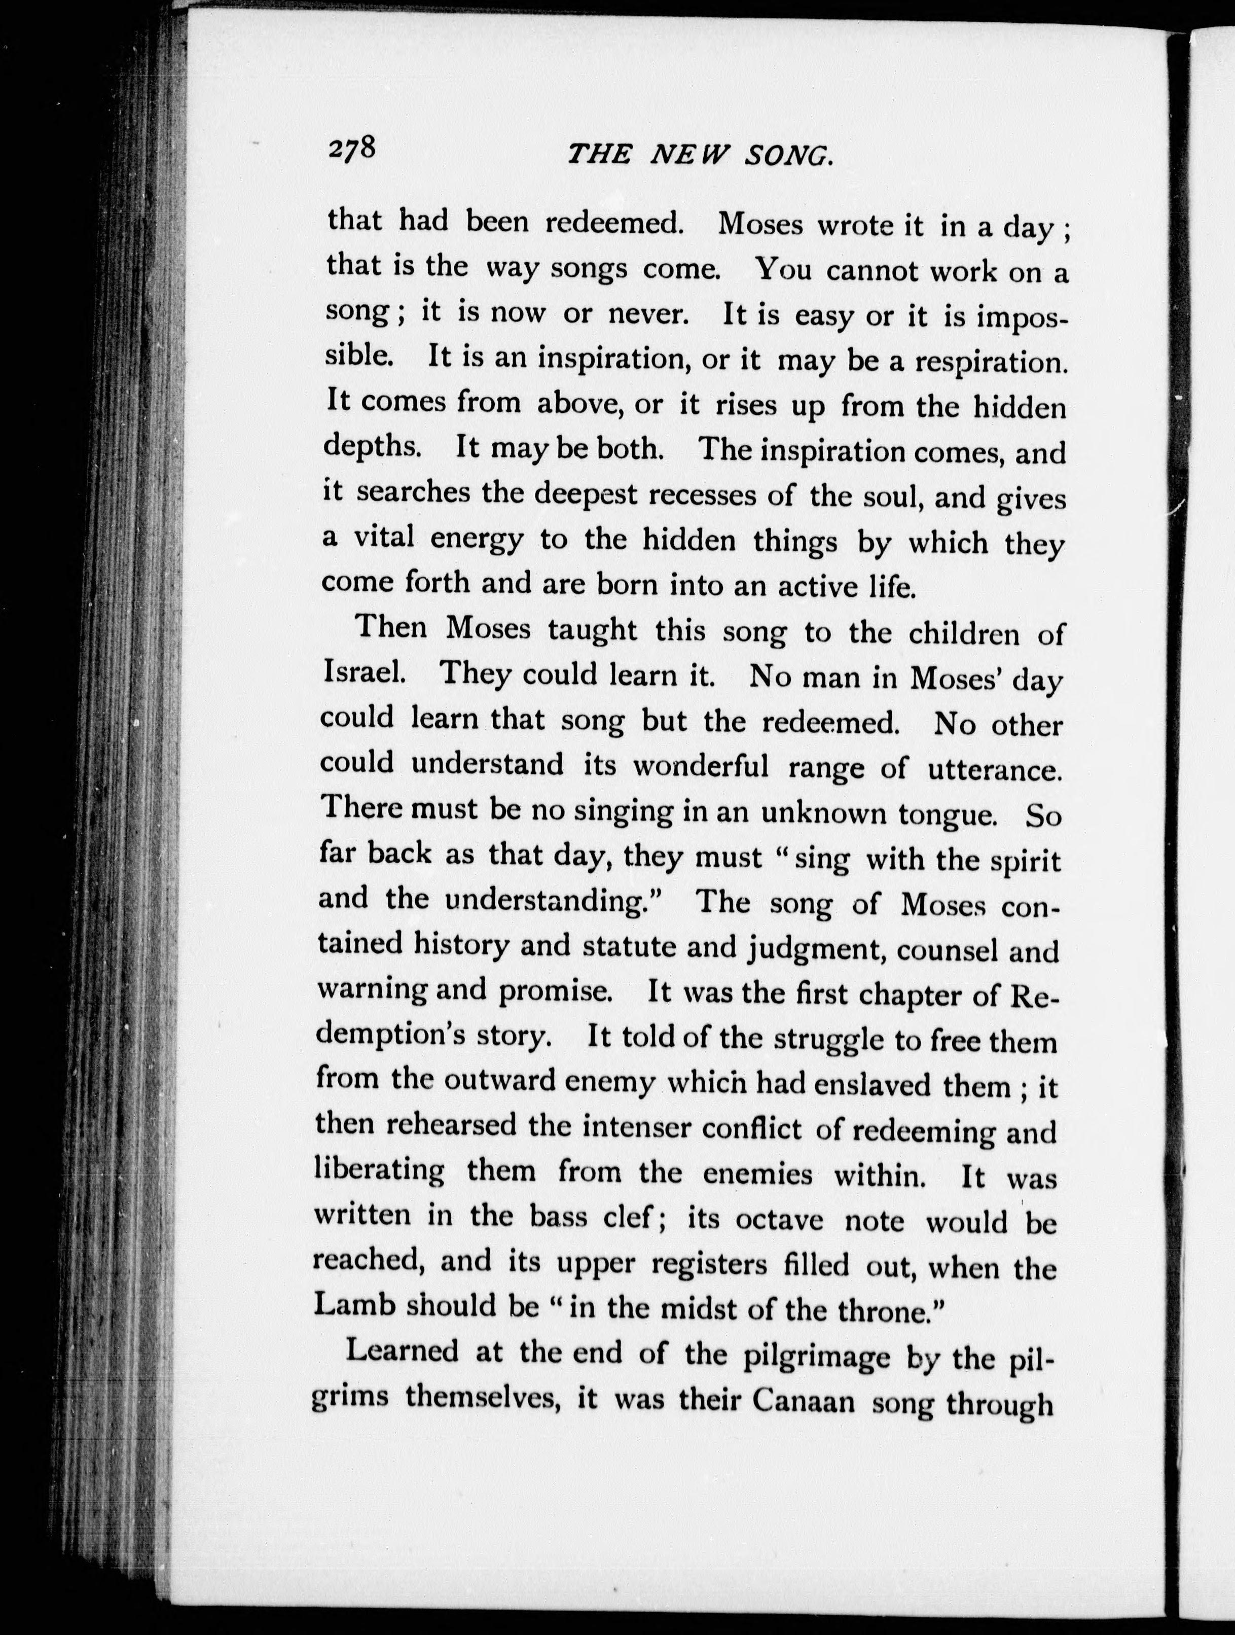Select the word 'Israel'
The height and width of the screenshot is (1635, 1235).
[363, 672]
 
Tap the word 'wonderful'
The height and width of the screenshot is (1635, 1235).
[700, 765]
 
